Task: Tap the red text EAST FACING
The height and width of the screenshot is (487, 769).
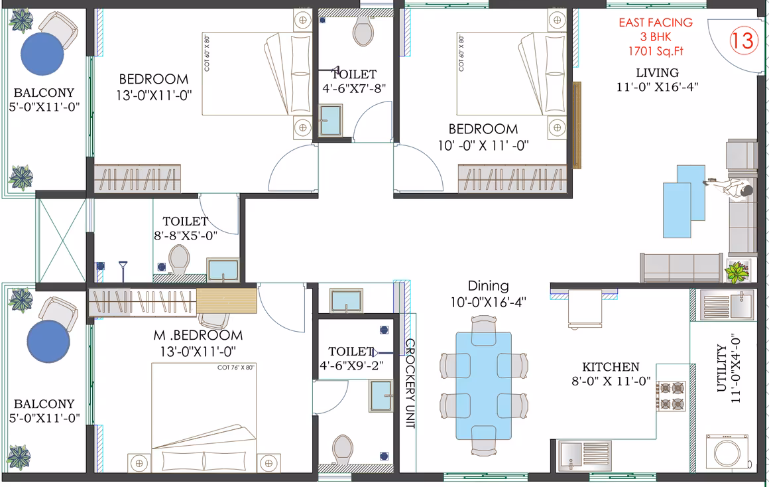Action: (x=655, y=23)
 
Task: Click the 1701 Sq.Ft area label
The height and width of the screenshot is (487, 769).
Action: (x=656, y=51)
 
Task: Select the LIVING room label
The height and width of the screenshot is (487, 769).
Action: (x=657, y=73)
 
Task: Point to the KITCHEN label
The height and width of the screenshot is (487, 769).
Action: (x=611, y=367)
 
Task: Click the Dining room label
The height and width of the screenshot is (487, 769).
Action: (x=488, y=286)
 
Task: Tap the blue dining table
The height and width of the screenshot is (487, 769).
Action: (x=483, y=385)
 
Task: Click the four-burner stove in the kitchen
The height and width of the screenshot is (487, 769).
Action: (x=672, y=395)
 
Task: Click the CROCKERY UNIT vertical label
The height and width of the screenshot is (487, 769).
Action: (x=410, y=383)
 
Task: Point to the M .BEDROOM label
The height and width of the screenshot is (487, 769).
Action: (x=198, y=335)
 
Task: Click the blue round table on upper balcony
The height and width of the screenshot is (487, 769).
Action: (x=42, y=54)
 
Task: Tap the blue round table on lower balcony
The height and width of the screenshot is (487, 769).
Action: (x=48, y=342)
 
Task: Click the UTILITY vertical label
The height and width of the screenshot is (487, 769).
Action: (x=721, y=368)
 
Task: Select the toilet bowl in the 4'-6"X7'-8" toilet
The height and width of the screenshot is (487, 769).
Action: (x=363, y=30)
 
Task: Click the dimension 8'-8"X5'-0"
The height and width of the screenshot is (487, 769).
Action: (x=186, y=236)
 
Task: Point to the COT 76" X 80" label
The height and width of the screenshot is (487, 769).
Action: (x=236, y=367)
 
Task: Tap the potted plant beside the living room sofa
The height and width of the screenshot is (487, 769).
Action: (x=738, y=271)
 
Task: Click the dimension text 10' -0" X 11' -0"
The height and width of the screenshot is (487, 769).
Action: (x=483, y=145)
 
